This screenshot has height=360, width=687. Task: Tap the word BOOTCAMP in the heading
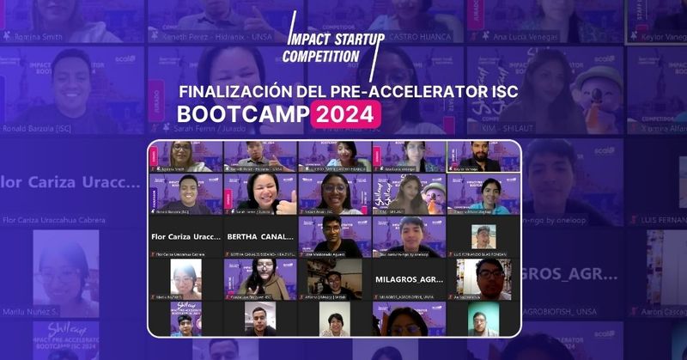[242, 114]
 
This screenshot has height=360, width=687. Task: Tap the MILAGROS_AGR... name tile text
[409, 280]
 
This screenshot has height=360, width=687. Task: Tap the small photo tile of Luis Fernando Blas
[483, 235]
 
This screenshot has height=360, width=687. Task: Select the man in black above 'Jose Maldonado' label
[334, 235]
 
